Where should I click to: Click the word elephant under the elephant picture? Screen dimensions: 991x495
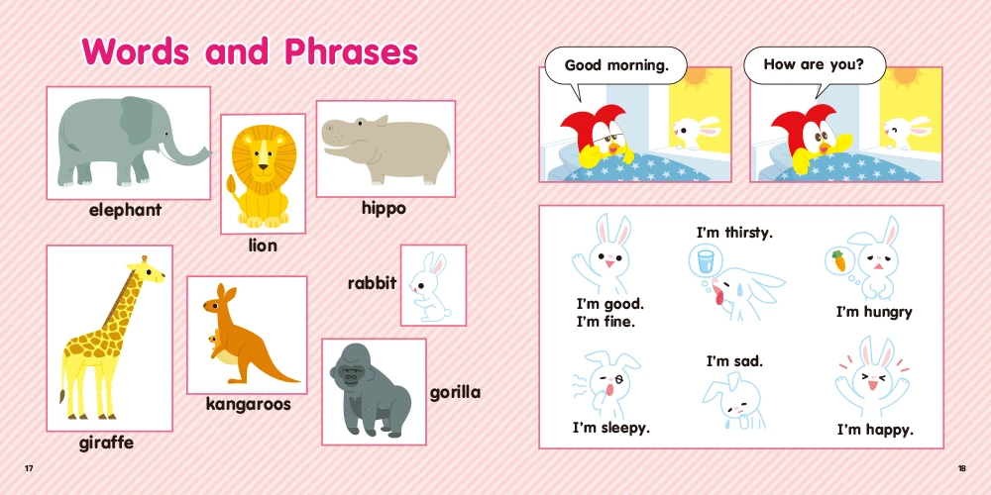point(125,210)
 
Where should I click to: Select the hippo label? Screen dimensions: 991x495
point(384,208)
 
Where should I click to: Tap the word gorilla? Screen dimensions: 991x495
point(455,393)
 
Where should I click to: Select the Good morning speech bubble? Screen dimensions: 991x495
point(616,65)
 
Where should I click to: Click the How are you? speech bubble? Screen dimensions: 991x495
point(815,65)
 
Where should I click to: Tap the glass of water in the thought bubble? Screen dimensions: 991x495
point(704,259)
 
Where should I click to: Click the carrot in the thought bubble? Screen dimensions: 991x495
point(840,260)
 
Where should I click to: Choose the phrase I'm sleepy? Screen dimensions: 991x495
point(611,428)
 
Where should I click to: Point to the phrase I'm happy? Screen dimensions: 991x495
point(875,431)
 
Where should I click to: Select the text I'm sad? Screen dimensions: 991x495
point(734,361)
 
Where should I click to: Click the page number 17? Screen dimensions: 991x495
point(29,468)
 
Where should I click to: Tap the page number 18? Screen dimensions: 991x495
point(962,468)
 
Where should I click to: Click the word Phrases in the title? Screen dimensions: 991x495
point(351,51)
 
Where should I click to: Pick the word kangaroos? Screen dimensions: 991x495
point(249,404)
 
